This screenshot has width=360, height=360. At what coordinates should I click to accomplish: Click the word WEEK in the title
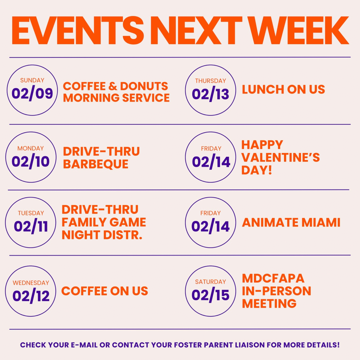coord(300,30)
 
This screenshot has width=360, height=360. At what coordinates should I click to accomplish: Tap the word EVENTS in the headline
coord(78,30)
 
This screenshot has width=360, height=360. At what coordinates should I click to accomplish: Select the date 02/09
coord(32,93)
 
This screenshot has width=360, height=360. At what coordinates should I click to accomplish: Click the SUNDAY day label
coord(32,81)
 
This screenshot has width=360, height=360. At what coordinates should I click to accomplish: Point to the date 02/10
coord(31,161)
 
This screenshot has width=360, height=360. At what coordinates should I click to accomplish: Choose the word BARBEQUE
coord(96,164)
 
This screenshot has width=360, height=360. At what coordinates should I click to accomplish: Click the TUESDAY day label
coord(31,213)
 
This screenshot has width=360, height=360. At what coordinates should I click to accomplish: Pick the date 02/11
coord(31,226)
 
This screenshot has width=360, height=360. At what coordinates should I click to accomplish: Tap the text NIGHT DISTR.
coord(102,235)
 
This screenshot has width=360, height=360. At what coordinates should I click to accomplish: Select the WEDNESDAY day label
coord(31,283)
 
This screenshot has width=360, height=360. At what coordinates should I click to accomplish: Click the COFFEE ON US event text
coord(105,291)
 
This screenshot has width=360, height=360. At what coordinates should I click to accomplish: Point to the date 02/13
coord(211,94)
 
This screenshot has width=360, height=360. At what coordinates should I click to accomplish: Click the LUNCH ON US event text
coord(284,89)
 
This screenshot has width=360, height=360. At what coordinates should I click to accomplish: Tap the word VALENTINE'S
coord(281,157)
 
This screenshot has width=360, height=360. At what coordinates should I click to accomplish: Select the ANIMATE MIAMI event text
coord(291,223)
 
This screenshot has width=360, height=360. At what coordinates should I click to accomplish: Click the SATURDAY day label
coord(211,282)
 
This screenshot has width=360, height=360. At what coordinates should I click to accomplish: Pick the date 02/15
coord(211,295)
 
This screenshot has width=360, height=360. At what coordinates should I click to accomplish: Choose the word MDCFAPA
coord(273,278)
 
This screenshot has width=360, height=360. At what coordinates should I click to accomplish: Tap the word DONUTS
coord(144,86)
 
